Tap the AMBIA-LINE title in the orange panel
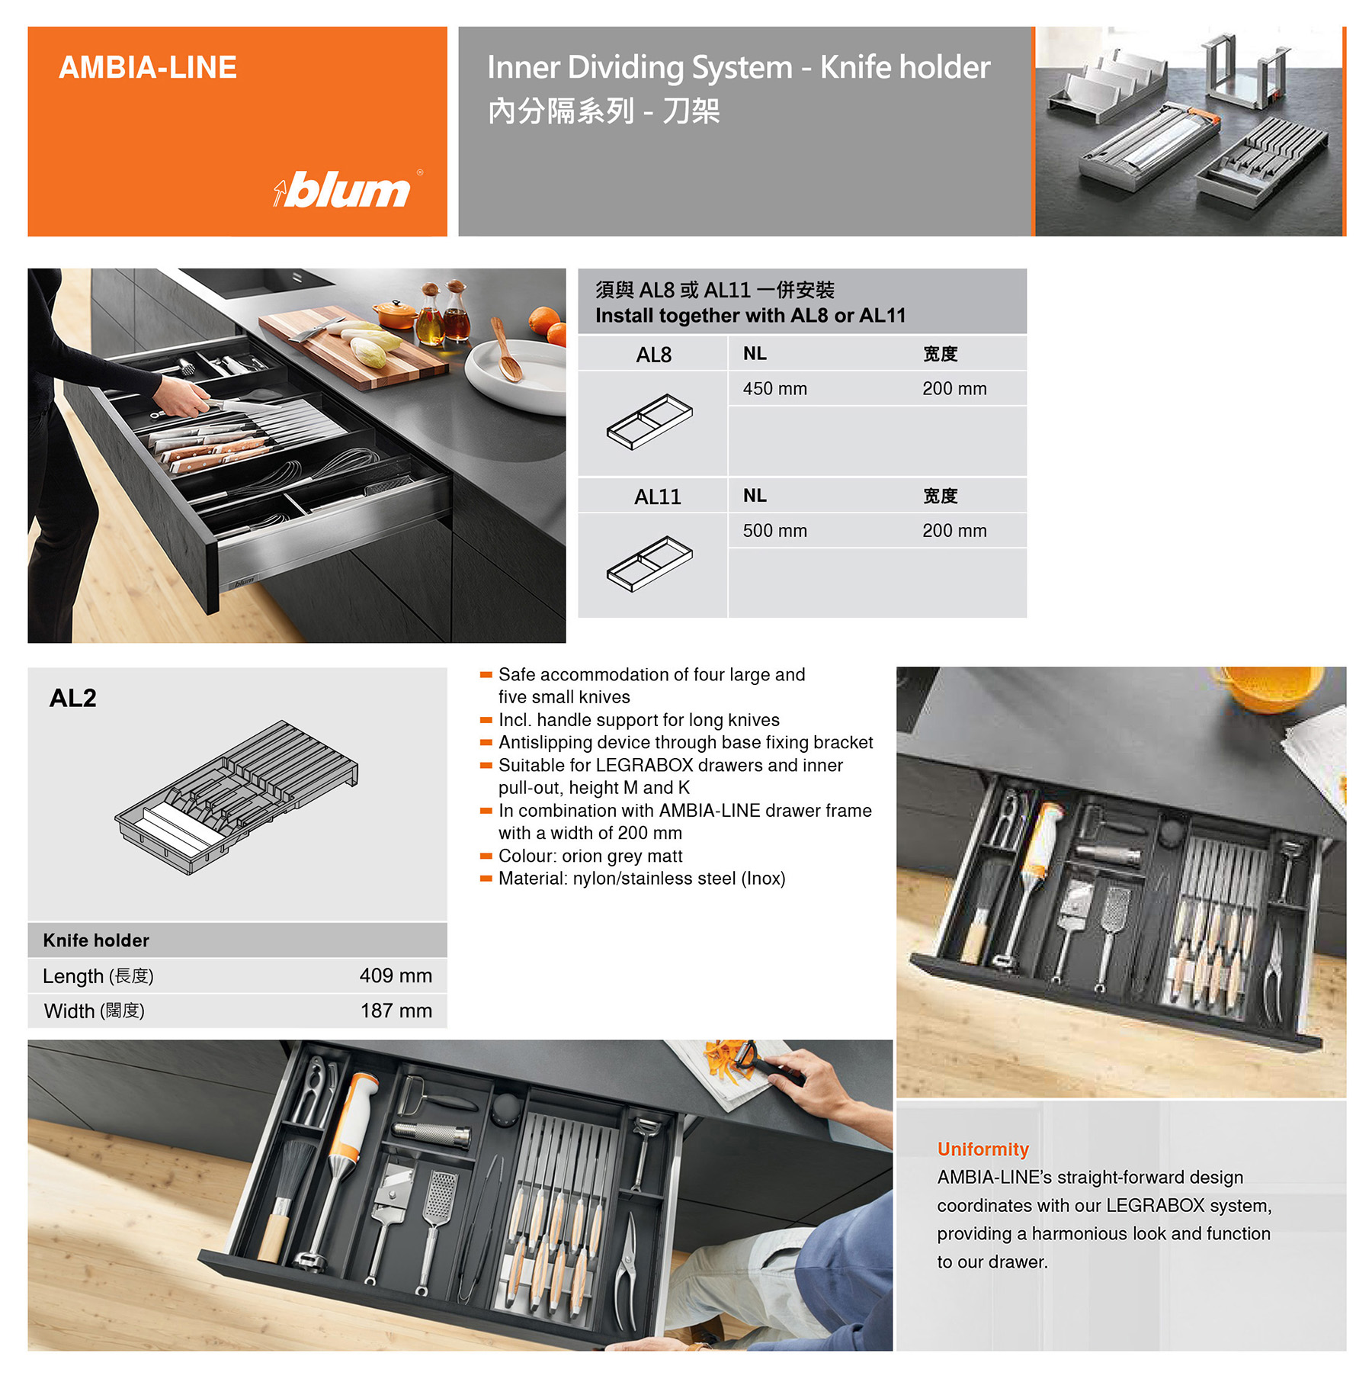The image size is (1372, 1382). click(x=148, y=67)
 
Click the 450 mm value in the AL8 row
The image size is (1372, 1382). click(x=774, y=388)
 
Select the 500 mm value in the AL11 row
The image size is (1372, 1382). click(x=774, y=530)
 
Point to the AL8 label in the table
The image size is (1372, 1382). click(x=653, y=355)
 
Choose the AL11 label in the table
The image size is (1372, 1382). click(x=657, y=497)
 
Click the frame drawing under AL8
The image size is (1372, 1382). click(x=649, y=421)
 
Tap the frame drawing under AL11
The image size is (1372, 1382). click(x=649, y=563)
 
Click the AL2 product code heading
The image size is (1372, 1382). click(x=73, y=698)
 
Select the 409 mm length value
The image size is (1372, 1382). click(x=396, y=975)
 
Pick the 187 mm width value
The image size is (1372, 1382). click(x=396, y=1011)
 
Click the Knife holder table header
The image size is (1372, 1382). click(x=96, y=940)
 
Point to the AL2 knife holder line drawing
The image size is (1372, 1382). click(x=236, y=797)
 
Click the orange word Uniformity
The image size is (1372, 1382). click(x=983, y=1149)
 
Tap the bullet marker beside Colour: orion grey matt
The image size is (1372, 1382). click(x=486, y=857)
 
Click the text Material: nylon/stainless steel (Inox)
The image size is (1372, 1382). click(x=642, y=879)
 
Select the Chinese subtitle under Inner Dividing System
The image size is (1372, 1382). click(x=604, y=111)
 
